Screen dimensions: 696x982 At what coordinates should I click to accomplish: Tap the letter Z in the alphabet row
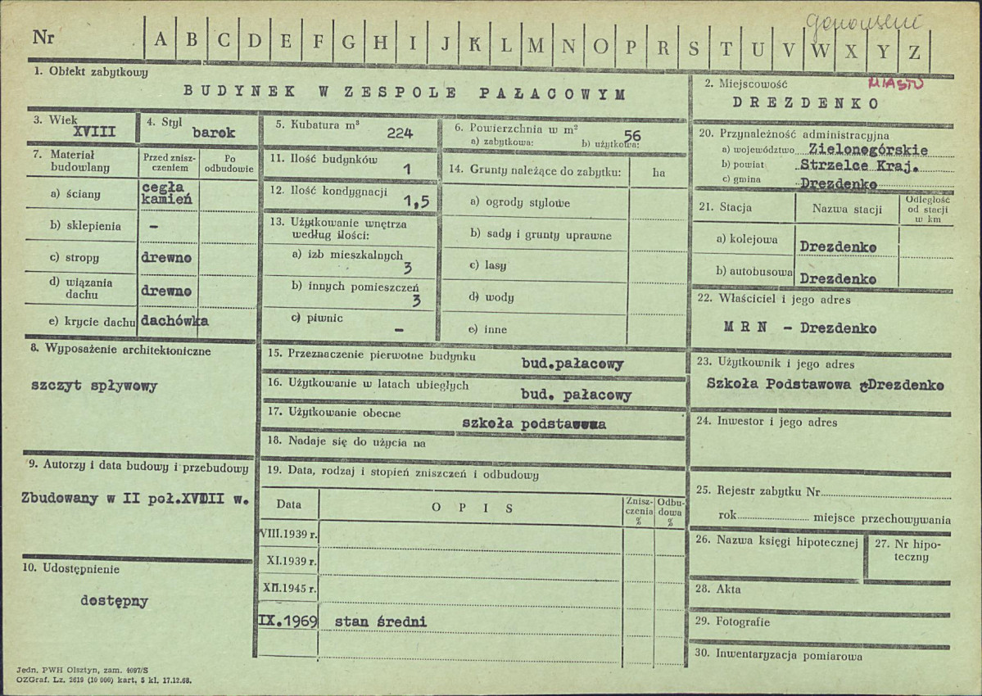914,50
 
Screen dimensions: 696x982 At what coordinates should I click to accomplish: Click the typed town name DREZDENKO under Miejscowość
806,103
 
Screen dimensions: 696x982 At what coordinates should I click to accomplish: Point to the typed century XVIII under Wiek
94,132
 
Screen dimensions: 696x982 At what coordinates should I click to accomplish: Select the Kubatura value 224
400,133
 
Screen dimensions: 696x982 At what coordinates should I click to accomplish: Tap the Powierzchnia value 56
632,135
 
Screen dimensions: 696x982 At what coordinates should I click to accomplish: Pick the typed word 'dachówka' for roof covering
174,321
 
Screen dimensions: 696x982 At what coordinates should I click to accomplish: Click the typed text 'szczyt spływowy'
93,386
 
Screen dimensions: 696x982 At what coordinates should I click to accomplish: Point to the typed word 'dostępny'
114,601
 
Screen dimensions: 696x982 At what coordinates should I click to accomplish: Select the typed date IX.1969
287,621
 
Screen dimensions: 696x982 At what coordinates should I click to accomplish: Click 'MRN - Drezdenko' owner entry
800,329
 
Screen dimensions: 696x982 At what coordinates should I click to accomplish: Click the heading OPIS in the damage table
472,508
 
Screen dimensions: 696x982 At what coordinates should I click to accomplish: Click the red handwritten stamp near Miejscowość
894,84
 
